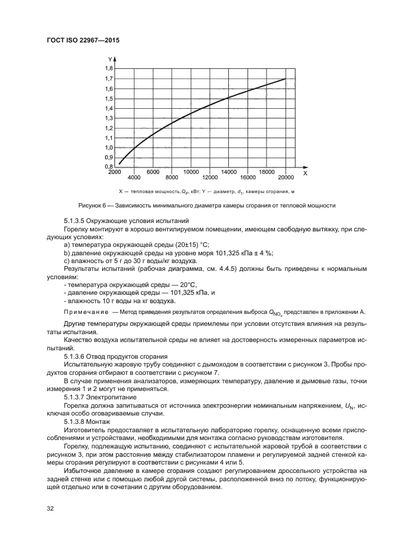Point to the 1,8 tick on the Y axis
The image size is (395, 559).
pyautogui.click(x=108, y=69)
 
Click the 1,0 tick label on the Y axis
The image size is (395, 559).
pyautogui.click(x=108, y=147)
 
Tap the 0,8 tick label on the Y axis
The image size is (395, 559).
pyautogui.click(x=108, y=167)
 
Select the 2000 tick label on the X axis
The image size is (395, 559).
pyautogui.click(x=115, y=172)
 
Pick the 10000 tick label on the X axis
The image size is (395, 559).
pyautogui.click(x=191, y=172)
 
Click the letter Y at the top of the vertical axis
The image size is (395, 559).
pyautogui.click(x=110, y=59)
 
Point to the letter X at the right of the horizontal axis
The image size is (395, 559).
pyautogui.click(x=304, y=173)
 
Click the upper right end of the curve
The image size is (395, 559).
pyautogui.click(x=286, y=79)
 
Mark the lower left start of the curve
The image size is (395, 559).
pyautogui.click(x=119, y=163)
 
